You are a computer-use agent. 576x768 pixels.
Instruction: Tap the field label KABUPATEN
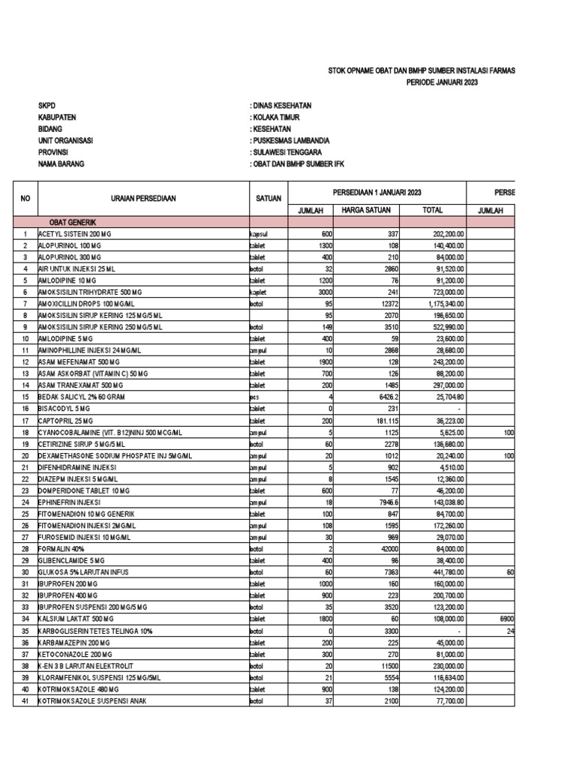coord(57,117)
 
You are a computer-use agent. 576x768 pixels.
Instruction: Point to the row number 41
coord(25,700)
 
